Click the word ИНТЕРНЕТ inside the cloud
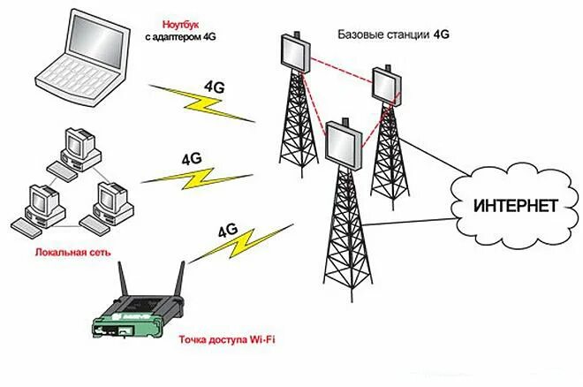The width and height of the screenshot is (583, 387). (516, 207)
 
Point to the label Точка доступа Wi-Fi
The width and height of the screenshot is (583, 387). (226, 339)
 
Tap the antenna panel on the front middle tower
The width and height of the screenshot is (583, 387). (343, 144)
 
